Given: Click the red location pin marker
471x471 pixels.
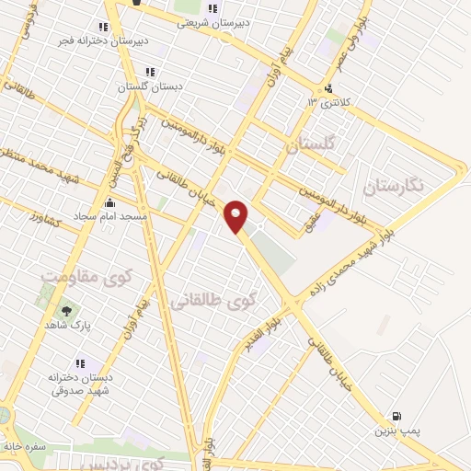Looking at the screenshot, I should tap(236, 216).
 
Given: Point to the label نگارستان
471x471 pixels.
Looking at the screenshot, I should tap(395, 186).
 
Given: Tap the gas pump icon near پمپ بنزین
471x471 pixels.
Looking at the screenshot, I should tap(397, 417).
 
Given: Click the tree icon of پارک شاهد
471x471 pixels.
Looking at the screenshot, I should tap(66, 311).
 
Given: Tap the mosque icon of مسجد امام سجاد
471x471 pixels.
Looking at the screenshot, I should tap(110, 202).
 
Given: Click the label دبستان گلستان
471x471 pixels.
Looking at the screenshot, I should tap(150, 86).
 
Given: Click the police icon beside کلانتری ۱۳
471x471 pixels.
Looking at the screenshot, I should tap(328, 88).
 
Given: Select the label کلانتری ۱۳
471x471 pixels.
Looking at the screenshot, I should tap(330, 101).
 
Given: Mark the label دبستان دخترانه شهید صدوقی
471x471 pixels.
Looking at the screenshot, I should tap(81, 383).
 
